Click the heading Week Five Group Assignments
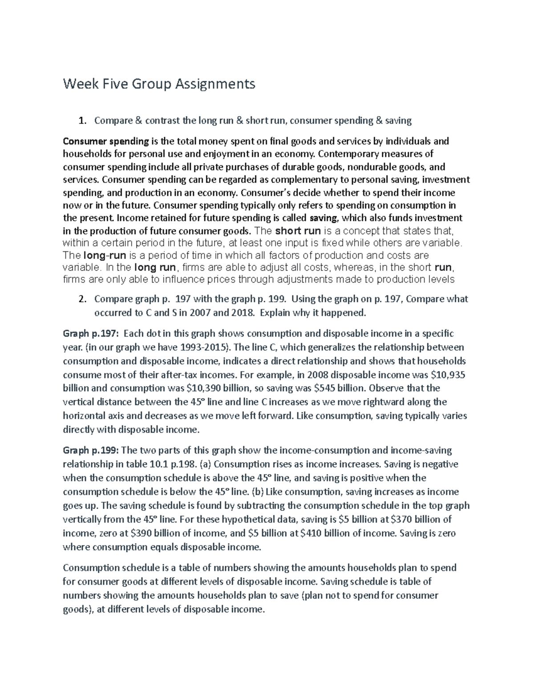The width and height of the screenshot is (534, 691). click(159, 84)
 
